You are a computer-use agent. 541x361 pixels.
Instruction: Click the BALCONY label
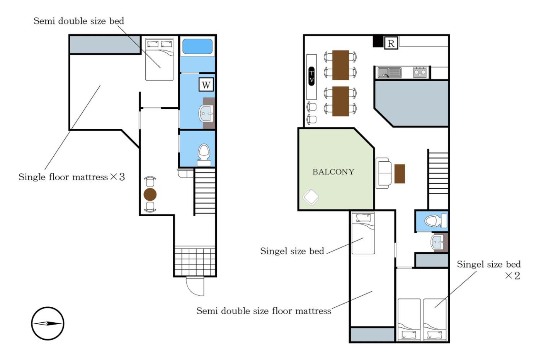click(x=333, y=172)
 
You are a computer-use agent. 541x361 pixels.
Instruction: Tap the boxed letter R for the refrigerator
click(x=391, y=43)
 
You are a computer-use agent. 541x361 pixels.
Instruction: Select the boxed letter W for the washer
click(x=206, y=85)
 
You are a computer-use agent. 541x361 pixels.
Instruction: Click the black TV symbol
click(x=311, y=76)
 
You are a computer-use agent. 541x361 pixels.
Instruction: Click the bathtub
click(x=197, y=46)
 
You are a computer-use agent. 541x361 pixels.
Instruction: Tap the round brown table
click(x=150, y=194)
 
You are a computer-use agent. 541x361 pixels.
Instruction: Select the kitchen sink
click(x=390, y=73)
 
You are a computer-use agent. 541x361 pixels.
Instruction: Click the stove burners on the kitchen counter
click(x=420, y=72)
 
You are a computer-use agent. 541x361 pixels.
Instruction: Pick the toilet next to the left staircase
click(x=204, y=155)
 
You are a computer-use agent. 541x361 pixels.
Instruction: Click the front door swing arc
click(x=193, y=289)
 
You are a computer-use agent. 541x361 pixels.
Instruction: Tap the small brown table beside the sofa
click(x=400, y=174)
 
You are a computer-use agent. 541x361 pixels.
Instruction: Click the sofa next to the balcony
click(x=383, y=173)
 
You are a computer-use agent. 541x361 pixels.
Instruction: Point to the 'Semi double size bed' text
click(x=79, y=21)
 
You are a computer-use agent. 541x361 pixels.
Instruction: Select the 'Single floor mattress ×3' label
click(x=72, y=177)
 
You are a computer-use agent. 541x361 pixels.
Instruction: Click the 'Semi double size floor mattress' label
click(x=264, y=311)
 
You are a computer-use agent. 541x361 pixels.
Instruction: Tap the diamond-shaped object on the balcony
click(x=311, y=197)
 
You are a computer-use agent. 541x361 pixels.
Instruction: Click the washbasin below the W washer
click(x=206, y=113)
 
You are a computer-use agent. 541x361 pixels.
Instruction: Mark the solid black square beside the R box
click(x=378, y=41)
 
